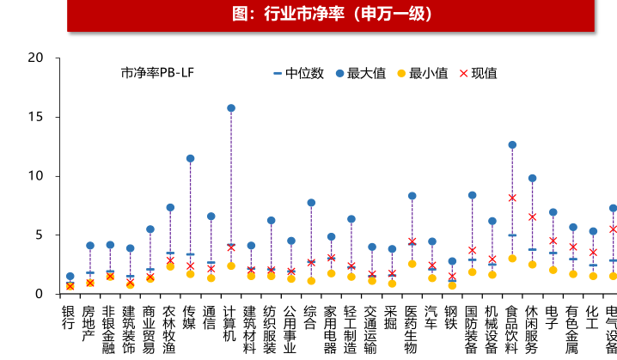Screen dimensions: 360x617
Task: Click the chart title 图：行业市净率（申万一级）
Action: tap(331, 15)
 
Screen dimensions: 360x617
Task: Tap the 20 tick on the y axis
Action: tap(35, 58)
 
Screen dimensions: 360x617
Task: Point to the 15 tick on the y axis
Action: tap(35, 117)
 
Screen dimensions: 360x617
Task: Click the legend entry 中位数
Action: tap(298, 73)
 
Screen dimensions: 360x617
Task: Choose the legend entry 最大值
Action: tap(361, 73)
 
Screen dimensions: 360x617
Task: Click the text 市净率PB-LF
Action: tap(157, 73)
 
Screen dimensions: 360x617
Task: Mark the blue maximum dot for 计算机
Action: tap(231, 108)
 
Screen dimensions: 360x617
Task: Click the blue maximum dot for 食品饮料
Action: tap(512, 145)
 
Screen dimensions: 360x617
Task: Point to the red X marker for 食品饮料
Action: tap(512, 198)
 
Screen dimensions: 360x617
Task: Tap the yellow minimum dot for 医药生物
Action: tap(412, 264)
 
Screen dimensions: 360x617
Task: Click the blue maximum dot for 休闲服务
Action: tap(533, 178)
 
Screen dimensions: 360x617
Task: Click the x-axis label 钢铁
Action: tap(452, 318)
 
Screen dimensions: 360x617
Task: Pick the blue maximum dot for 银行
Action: tap(70, 277)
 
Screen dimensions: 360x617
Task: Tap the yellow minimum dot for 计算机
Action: tap(231, 266)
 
